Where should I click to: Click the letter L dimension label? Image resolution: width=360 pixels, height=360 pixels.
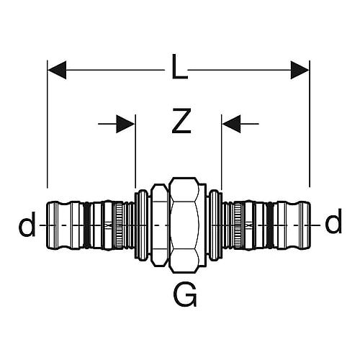coord(179,67)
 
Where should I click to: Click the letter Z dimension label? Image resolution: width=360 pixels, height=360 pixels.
coord(181,121)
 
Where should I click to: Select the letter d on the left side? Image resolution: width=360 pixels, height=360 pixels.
coord(27,223)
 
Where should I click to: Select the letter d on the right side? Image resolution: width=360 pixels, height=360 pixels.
coord(333,221)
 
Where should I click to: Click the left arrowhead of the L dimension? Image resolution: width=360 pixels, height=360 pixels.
coord(57,70)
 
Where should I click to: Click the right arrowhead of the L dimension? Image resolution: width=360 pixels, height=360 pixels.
coord(300,70)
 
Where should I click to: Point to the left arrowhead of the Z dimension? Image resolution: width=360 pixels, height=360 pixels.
coord(125,124)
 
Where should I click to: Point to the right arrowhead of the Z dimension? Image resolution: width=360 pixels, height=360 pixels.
coord(231,124)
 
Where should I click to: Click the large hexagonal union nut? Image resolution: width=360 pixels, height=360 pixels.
coord(184,225)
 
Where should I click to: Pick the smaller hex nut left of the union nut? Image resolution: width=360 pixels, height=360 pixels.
coord(160,225)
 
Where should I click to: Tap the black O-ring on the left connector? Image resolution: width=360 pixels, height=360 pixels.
coord(86,225)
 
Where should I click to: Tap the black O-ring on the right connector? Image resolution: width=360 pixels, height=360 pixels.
coord(270,225)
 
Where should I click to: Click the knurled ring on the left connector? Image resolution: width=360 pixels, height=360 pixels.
coord(119,225)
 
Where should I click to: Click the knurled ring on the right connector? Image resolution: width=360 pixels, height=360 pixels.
coord(238,225)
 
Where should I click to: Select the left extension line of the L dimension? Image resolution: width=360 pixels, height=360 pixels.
coord(48,124)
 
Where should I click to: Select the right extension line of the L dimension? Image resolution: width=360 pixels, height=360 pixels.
coord(310,124)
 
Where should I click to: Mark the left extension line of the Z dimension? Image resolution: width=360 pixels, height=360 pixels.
coord(135,151)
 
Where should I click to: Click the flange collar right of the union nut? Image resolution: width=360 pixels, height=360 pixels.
coord(215,225)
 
